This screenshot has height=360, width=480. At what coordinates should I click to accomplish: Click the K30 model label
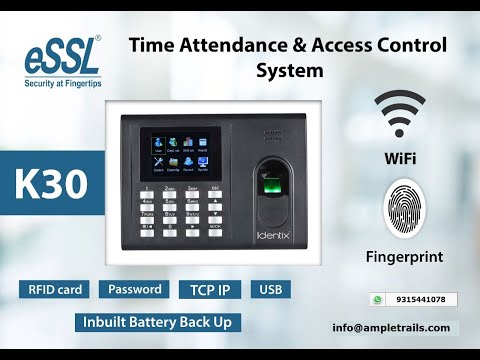tap(50, 184)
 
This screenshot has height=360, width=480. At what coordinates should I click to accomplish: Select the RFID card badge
tap(55, 290)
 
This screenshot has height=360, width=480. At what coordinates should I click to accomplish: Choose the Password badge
tap(135, 290)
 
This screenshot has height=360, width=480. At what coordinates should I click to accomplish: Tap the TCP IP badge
tap(210, 291)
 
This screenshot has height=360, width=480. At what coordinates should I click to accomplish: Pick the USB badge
tap(270, 291)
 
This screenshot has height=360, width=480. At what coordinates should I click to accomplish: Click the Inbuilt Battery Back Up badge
tap(158, 323)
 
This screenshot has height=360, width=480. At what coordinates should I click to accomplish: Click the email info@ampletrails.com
tap(391, 327)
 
